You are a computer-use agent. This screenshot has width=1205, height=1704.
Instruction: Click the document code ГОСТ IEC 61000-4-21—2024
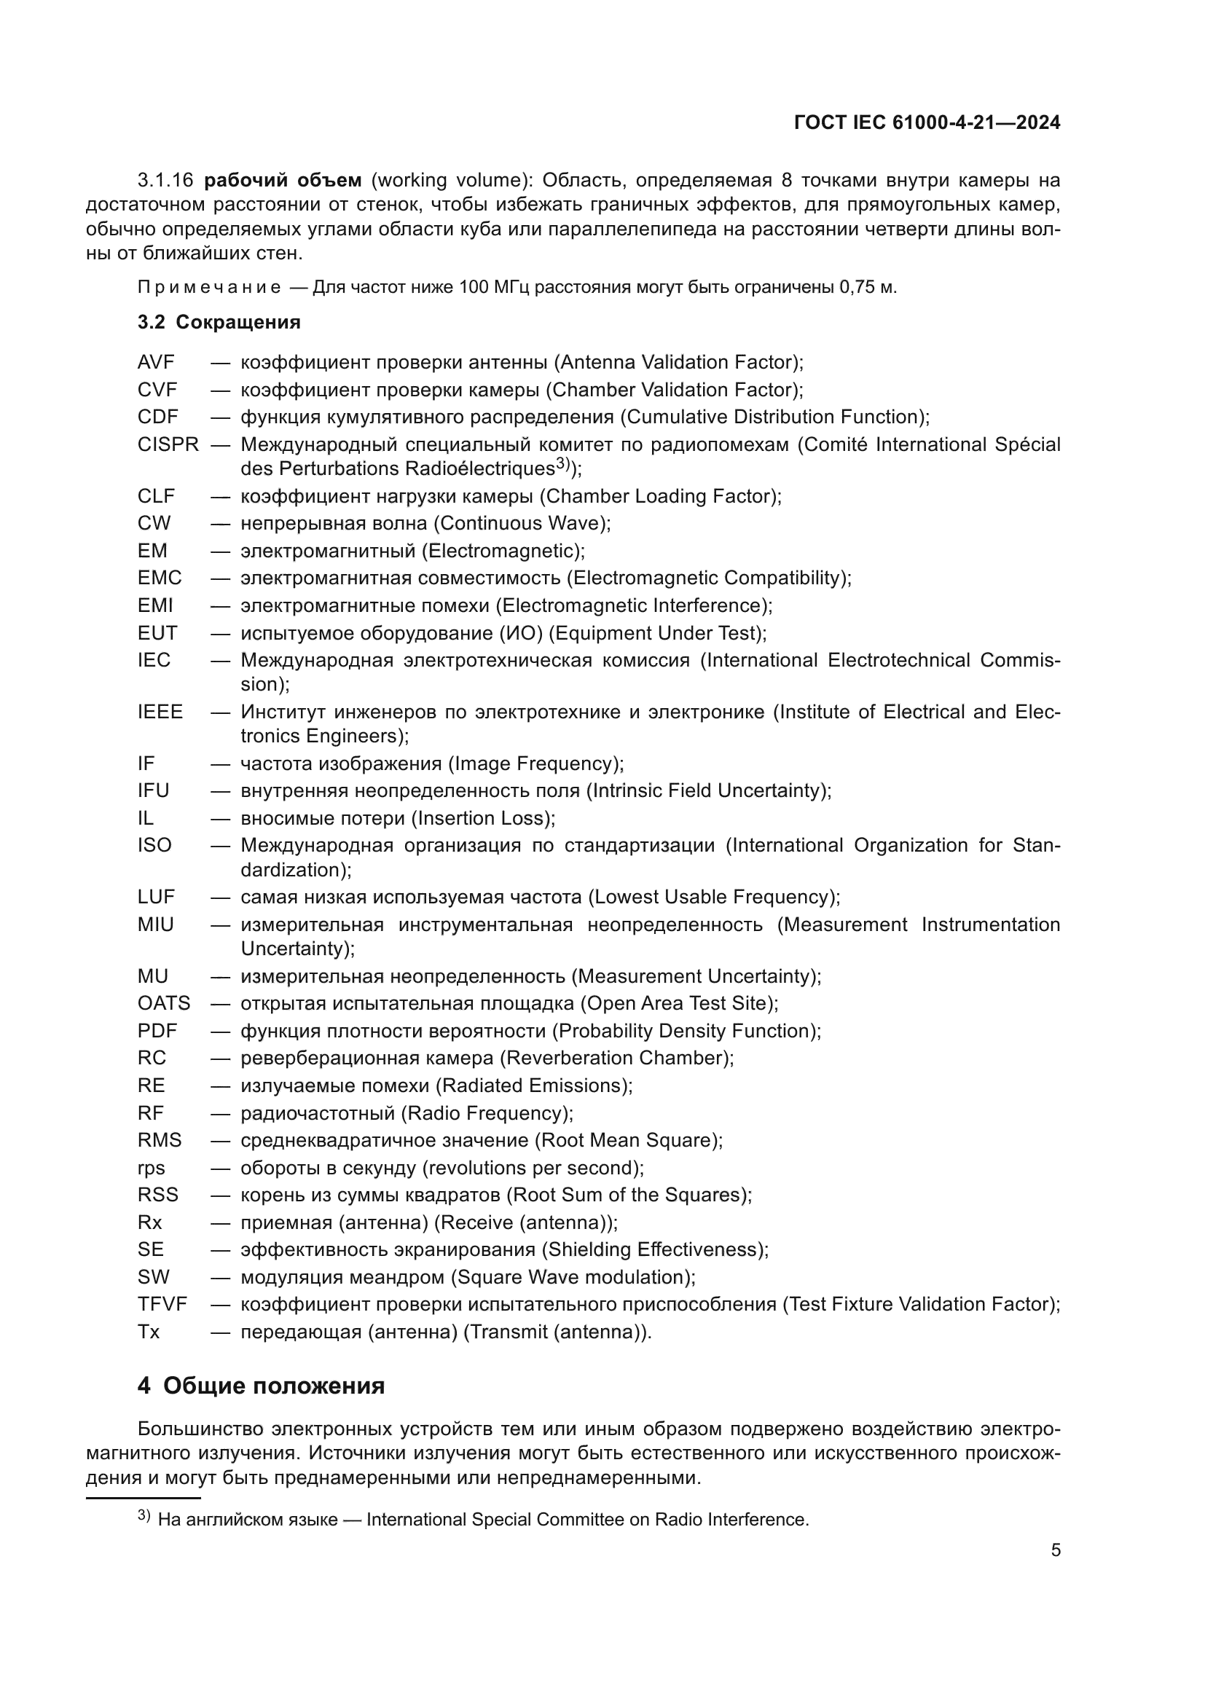tap(927, 122)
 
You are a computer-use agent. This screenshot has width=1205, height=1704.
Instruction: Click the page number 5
tap(1055, 1550)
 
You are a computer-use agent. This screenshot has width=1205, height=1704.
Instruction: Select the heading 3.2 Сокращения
tap(219, 322)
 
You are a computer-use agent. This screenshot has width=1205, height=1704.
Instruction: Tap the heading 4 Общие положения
tap(262, 1386)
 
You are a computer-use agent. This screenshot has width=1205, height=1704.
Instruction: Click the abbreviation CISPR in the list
tap(168, 444)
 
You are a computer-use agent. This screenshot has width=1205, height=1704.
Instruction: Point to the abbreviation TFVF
tap(162, 1304)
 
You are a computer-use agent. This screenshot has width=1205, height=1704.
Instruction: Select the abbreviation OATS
tap(164, 1003)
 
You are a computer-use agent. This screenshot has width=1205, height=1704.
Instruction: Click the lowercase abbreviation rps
tap(152, 1167)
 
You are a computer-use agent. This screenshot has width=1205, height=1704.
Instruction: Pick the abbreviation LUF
tap(156, 897)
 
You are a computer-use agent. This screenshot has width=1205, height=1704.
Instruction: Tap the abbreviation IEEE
tap(160, 712)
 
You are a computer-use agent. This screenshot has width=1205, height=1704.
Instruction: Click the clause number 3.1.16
tap(165, 181)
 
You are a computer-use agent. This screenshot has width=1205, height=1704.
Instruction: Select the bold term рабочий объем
tap(283, 181)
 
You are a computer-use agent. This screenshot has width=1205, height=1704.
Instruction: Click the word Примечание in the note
tap(209, 288)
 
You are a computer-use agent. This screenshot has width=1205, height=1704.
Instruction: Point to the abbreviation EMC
tap(160, 578)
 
